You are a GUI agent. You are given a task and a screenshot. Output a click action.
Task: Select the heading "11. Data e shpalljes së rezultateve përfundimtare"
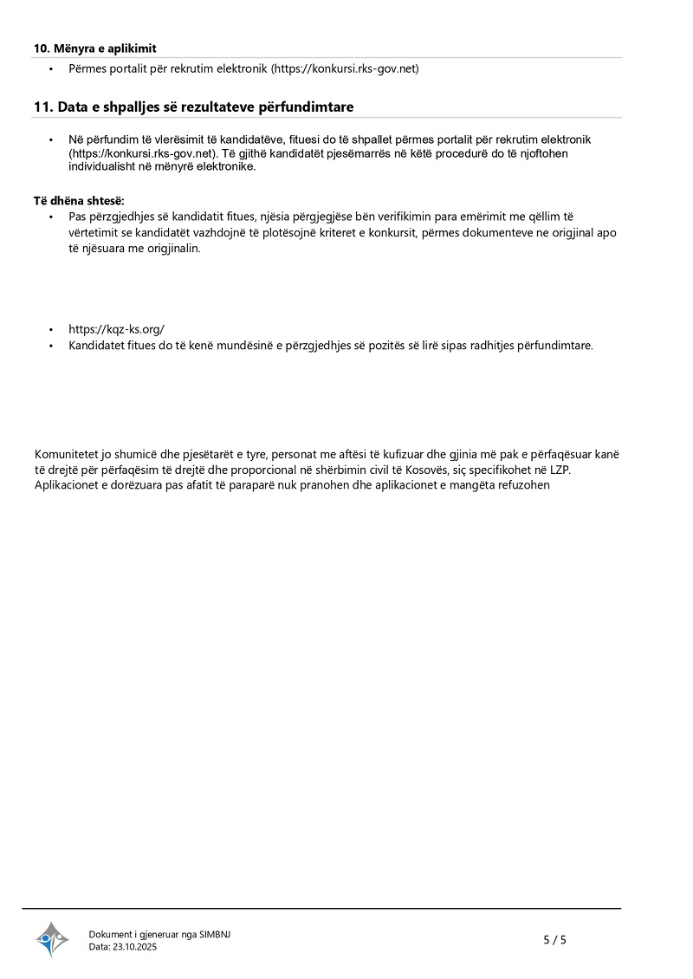(x=193, y=107)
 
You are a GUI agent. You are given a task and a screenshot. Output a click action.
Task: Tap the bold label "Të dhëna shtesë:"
(x=80, y=201)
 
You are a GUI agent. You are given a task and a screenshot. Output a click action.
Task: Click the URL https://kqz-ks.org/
(x=117, y=329)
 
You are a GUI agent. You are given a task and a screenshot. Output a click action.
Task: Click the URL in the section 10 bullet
(x=345, y=68)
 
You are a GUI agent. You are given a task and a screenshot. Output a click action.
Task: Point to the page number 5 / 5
(x=554, y=939)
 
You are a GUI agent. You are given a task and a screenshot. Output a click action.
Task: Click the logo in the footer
(x=52, y=939)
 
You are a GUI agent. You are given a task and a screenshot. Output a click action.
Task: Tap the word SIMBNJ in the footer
(x=215, y=934)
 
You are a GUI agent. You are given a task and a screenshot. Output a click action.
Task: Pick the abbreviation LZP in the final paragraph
(x=560, y=470)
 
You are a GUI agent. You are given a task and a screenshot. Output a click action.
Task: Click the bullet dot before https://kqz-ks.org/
(x=50, y=330)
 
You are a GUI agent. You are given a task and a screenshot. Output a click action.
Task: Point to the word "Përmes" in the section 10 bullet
(x=87, y=68)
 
